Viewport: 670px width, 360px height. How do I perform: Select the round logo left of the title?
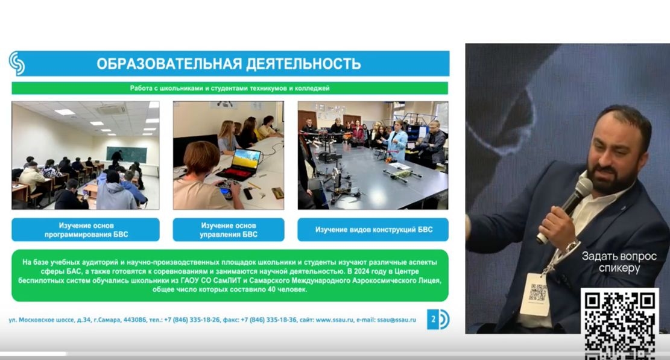coord(17,63)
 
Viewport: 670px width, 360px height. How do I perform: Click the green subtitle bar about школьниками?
coord(230,88)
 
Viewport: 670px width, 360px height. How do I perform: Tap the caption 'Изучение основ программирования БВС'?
coord(86,230)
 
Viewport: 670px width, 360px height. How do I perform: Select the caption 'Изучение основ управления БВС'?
coord(229,230)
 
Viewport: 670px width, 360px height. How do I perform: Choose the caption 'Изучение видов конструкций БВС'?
coord(373,230)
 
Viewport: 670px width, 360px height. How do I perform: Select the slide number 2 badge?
coord(432,319)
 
